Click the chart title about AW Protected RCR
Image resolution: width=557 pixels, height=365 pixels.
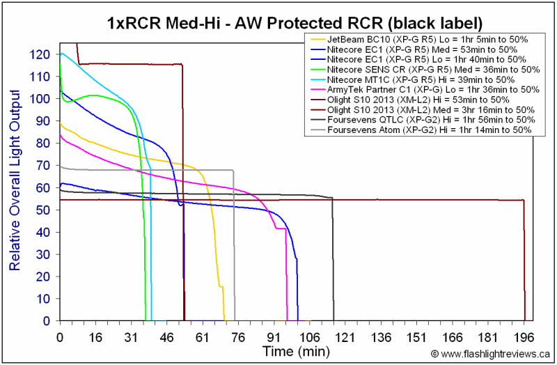point(295,24)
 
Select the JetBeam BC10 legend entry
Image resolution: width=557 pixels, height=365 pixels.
point(419,40)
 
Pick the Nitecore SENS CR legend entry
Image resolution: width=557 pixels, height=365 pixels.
point(425,69)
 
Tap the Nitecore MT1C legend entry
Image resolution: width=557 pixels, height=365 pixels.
point(412,79)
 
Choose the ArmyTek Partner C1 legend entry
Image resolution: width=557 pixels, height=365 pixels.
point(425,90)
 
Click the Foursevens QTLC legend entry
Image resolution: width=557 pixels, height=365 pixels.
point(423,120)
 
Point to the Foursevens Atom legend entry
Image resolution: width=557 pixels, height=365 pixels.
point(421,130)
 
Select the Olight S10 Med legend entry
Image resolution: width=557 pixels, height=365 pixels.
point(423,110)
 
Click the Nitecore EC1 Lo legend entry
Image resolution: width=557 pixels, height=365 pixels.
point(418,59)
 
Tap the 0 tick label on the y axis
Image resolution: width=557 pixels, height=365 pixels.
point(47,321)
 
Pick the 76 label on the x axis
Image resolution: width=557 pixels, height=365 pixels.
point(238,337)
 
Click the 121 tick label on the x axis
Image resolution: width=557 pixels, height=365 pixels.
point(345,337)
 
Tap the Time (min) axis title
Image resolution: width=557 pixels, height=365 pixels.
point(297,352)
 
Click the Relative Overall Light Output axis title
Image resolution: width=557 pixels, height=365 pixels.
point(15,180)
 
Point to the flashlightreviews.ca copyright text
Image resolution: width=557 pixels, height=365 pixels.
point(490,354)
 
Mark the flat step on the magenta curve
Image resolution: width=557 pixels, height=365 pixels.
point(281,228)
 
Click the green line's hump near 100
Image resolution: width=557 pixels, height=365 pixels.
point(93,95)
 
